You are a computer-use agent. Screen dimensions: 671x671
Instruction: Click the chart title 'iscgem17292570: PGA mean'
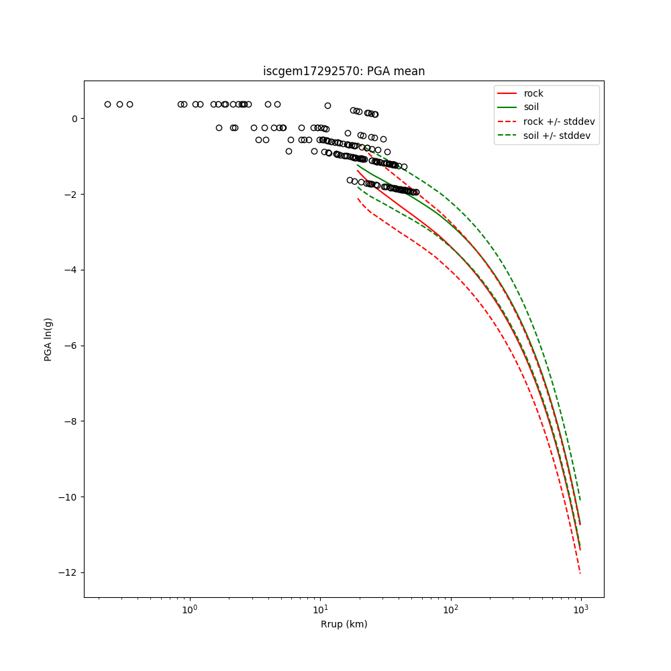(344, 71)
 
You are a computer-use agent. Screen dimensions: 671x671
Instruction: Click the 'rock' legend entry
(533, 93)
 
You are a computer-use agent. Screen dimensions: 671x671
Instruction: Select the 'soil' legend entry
(531, 107)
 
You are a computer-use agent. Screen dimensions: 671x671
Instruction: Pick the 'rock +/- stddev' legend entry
(559, 121)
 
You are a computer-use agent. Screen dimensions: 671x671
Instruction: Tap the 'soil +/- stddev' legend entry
(558, 136)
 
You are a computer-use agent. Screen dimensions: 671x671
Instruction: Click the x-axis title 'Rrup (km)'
(344, 624)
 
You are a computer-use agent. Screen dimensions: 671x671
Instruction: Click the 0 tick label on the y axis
(74, 119)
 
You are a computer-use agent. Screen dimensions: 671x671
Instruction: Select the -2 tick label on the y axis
(71, 195)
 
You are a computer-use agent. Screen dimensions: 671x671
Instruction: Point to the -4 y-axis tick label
(71, 270)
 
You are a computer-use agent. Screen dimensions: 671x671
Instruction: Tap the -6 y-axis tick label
(71, 346)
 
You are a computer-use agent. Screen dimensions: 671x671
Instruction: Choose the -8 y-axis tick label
(71, 421)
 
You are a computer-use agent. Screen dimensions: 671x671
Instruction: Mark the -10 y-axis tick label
(69, 497)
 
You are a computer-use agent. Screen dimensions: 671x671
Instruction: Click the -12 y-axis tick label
(69, 572)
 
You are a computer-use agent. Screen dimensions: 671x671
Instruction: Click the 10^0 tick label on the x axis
(190, 609)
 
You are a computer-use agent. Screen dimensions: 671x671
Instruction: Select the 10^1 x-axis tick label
(320, 609)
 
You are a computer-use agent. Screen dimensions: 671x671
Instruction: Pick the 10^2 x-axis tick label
(451, 609)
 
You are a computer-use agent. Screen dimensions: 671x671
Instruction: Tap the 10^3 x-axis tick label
(581, 609)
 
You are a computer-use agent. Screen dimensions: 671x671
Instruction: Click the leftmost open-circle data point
(107, 104)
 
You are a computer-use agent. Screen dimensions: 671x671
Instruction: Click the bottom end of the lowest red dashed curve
(580, 572)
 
